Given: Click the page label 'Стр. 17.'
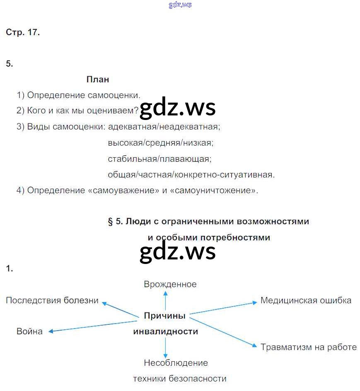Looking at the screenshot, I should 23,33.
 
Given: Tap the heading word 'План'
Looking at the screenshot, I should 98,79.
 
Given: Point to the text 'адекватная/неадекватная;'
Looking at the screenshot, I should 164,127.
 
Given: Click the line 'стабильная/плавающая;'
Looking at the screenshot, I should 159,159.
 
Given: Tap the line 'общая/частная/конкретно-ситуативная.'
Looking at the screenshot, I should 191,175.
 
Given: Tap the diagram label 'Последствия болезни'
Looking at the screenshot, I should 52,300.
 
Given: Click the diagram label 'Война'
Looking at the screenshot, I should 29,331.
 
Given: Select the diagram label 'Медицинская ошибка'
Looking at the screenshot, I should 306,300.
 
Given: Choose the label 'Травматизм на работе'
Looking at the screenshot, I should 309,347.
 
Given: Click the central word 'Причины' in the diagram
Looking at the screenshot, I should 164,316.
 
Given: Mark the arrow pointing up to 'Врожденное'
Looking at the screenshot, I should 165,299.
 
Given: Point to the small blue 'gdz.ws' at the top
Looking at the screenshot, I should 180,5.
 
